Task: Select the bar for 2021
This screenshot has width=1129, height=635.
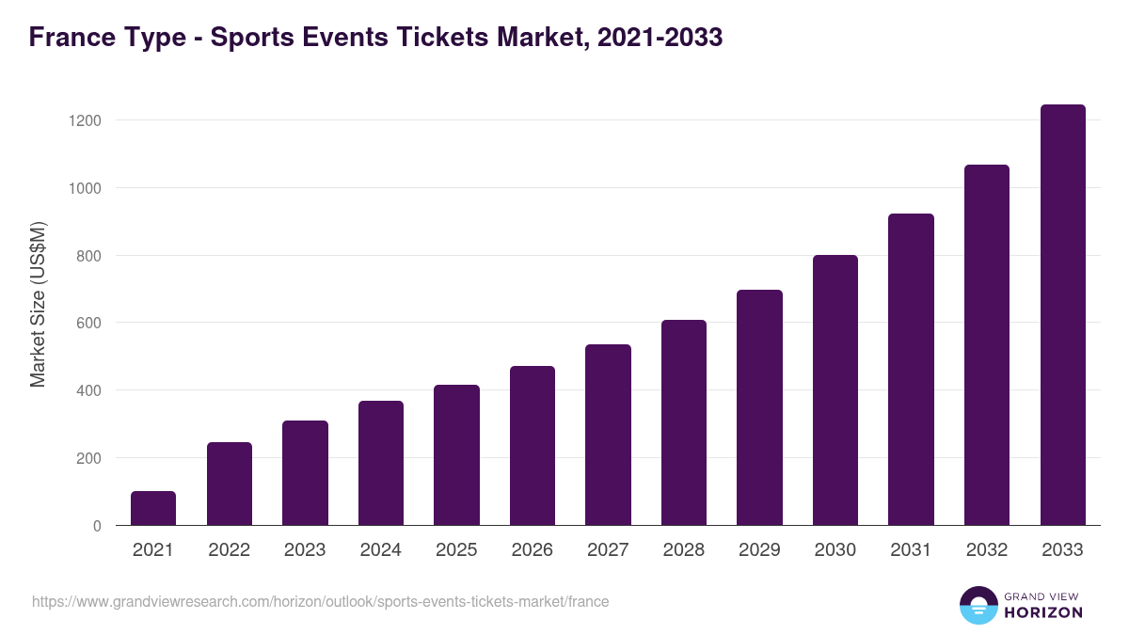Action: [153, 508]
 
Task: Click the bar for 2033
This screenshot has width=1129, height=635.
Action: [1062, 315]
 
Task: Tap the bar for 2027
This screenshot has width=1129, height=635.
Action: [608, 435]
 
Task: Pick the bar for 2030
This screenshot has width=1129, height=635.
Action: [835, 390]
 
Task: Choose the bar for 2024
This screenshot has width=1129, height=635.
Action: [381, 463]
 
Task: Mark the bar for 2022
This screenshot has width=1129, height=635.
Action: [230, 484]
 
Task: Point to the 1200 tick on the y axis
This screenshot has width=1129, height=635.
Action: [84, 120]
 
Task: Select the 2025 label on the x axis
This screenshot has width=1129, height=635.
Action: [456, 550]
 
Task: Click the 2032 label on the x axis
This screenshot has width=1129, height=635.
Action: [987, 550]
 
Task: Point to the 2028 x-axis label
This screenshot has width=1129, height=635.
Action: [684, 550]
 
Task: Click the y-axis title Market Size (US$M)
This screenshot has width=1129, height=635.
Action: [39, 305]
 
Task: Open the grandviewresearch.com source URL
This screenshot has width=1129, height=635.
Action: [320, 601]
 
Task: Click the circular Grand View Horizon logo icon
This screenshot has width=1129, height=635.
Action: [978, 605]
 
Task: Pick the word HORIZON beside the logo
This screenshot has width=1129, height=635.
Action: [1043, 612]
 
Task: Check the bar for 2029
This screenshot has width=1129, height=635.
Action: [759, 407]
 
